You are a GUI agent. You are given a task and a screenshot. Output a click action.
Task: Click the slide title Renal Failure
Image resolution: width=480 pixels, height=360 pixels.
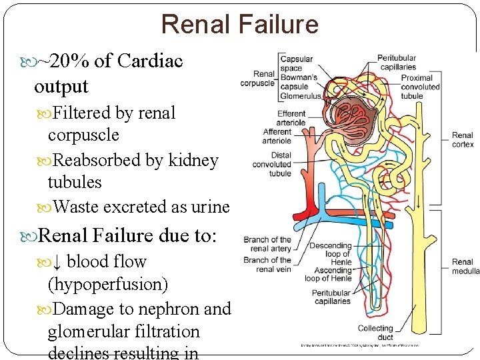[240, 25]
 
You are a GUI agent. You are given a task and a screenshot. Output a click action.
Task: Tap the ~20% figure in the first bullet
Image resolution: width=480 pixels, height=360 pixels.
[65, 61]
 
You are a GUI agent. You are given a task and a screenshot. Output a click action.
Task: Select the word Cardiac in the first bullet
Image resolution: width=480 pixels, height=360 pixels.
[150, 61]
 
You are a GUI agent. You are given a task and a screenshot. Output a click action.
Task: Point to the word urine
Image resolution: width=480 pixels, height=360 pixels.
[211, 207]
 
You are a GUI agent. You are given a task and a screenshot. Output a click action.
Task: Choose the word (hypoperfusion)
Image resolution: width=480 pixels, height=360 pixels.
[108, 285]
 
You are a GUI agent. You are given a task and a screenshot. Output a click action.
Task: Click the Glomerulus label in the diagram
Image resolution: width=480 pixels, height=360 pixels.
[301, 95]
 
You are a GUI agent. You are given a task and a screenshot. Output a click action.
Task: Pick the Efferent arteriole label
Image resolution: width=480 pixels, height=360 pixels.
[291, 118]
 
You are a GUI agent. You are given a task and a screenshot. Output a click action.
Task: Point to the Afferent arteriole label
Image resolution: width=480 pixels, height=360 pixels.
[277, 136]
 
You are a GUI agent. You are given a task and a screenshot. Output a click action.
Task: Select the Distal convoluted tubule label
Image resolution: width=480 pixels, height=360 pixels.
[272, 165]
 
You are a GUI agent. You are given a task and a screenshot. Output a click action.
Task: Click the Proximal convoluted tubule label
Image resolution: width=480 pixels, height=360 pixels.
[421, 87]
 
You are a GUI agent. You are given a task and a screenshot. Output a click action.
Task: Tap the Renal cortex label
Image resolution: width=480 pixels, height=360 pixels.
[463, 140]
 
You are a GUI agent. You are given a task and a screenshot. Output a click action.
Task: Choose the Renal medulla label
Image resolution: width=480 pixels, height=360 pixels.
[465, 267]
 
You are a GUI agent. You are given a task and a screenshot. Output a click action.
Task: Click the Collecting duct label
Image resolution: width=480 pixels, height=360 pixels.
[375, 332]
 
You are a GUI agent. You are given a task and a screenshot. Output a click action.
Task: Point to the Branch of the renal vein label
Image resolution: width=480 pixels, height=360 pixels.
[267, 265]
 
